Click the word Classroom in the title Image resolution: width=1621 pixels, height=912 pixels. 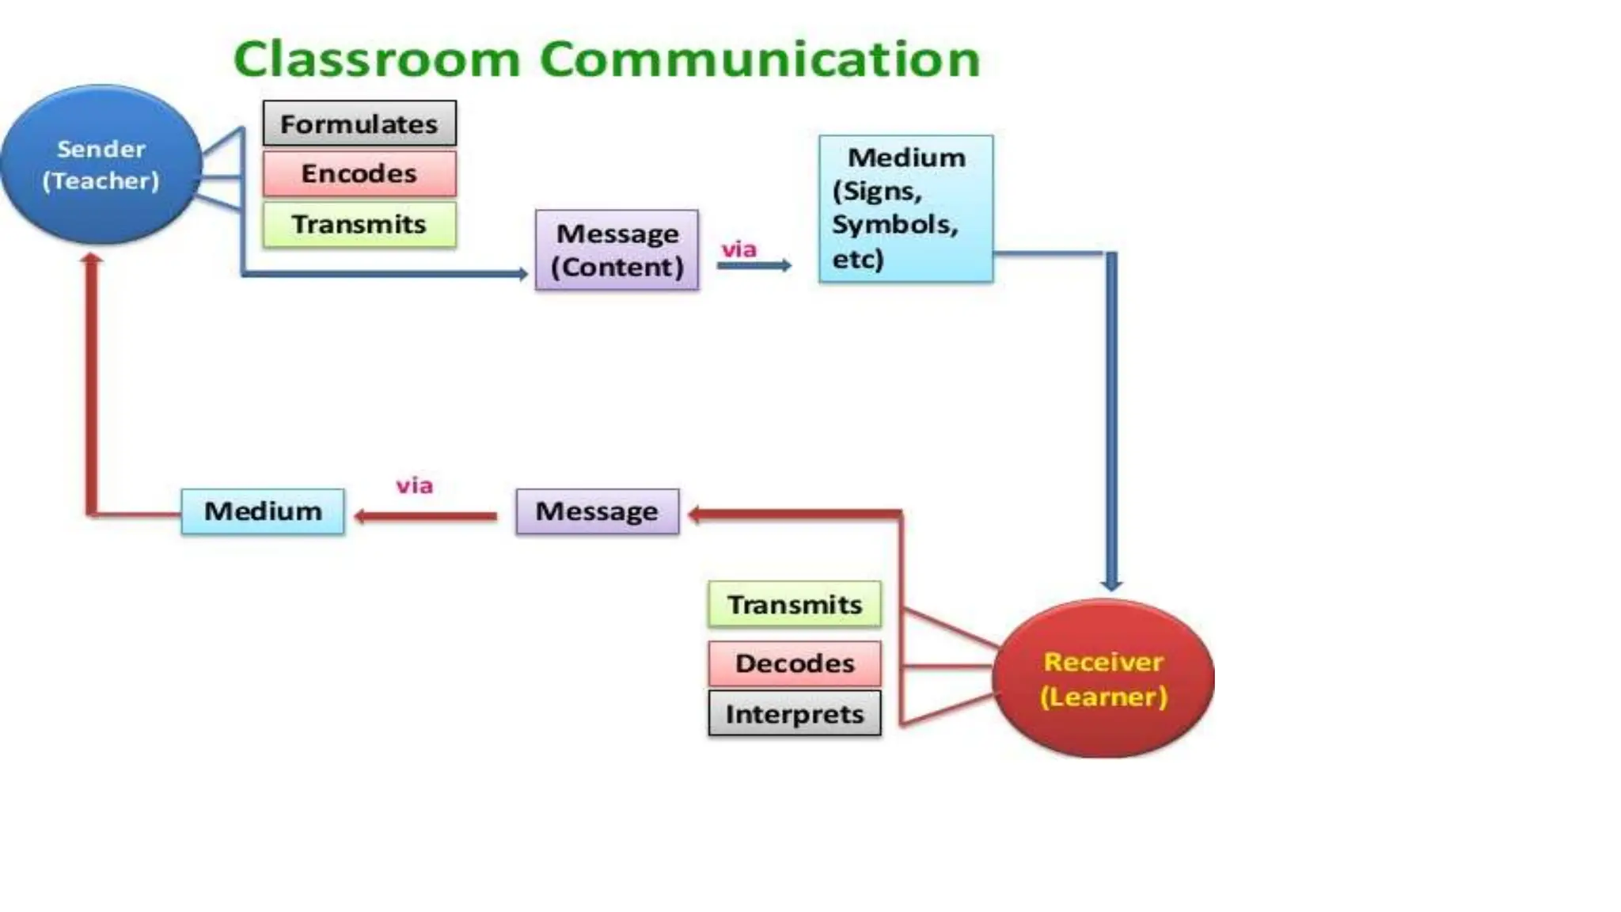click(x=377, y=59)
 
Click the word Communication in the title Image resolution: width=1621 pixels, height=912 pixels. click(x=759, y=59)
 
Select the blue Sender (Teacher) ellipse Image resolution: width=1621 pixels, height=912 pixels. click(x=101, y=165)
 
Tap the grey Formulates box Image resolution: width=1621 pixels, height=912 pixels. click(x=359, y=123)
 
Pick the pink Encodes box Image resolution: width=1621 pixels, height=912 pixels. click(x=359, y=173)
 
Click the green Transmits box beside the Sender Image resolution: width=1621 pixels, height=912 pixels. click(x=359, y=225)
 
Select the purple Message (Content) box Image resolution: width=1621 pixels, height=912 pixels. click(x=617, y=250)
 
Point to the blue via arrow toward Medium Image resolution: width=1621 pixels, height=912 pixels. click(x=753, y=266)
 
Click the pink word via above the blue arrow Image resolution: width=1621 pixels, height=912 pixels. click(x=738, y=249)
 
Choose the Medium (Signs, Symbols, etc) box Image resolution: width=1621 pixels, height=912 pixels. click(x=905, y=208)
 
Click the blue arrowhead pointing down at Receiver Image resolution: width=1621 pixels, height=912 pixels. click(x=1111, y=584)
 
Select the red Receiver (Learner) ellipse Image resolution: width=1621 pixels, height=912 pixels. click(x=1103, y=678)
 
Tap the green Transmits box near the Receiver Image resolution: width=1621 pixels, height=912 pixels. click(x=794, y=605)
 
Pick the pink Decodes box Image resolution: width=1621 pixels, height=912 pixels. click(x=794, y=663)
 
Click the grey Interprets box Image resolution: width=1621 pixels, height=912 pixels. click(x=794, y=714)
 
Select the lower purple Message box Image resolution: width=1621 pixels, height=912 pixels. click(x=597, y=511)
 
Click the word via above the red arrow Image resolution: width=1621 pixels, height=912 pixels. click(x=414, y=485)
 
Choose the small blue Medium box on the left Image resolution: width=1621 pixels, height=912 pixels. click(x=263, y=511)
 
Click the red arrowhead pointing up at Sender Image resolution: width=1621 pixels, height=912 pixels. click(x=92, y=259)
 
